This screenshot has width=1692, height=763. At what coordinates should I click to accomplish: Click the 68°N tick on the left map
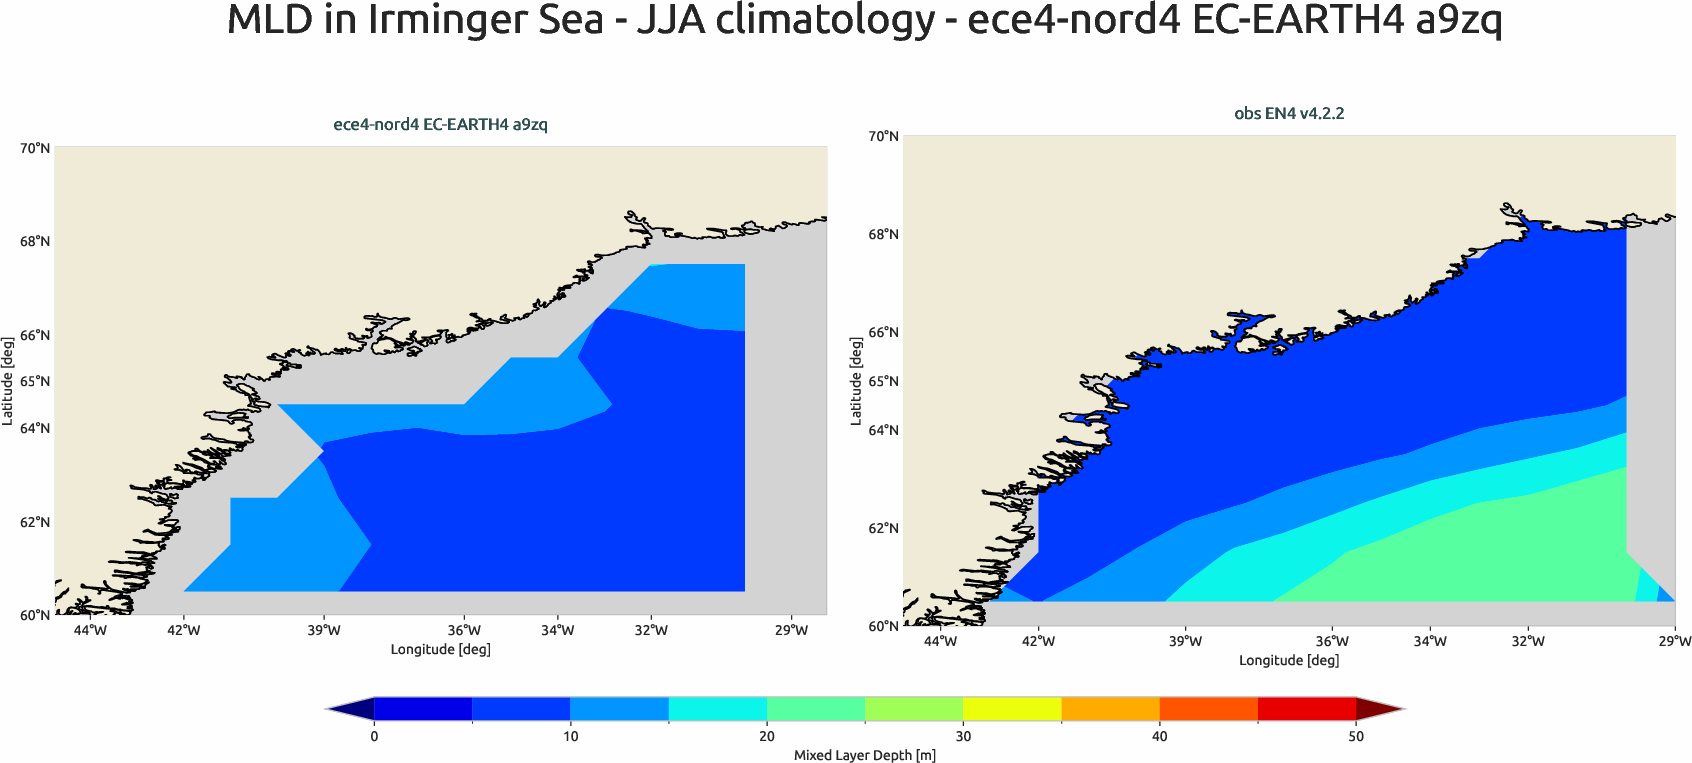(x=35, y=241)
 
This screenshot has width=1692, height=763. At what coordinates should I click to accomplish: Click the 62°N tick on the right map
(x=883, y=528)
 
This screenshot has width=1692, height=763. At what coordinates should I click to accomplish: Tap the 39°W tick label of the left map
(x=323, y=630)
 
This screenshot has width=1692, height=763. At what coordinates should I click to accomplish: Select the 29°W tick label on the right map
(x=1675, y=641)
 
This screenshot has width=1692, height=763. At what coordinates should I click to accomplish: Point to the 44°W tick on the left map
(x=90, y=630)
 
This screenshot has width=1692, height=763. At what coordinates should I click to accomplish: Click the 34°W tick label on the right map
(x=1429, y=641)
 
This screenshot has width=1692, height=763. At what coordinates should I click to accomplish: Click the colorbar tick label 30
(x=962, y=736)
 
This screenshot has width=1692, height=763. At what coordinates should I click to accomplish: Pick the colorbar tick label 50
(x=1355, y=736)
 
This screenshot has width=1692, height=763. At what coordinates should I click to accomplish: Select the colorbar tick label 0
(x=374, y=736)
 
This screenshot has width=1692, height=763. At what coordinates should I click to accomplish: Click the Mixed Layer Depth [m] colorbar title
(x=864, y=755)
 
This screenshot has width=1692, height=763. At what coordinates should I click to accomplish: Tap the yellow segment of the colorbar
(x=1011, y=709)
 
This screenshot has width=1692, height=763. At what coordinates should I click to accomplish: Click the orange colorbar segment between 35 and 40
(x=1109, y=709)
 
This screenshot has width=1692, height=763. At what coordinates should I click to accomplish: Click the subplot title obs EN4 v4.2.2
(x=1288, y=113)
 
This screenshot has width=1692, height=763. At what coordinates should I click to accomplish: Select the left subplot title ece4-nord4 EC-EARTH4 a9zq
(x=440, y=124)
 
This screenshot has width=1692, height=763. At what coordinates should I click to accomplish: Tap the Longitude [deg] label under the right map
(x=1288, y=660)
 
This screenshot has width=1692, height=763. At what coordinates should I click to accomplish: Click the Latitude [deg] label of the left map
(x=8, y=381)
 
